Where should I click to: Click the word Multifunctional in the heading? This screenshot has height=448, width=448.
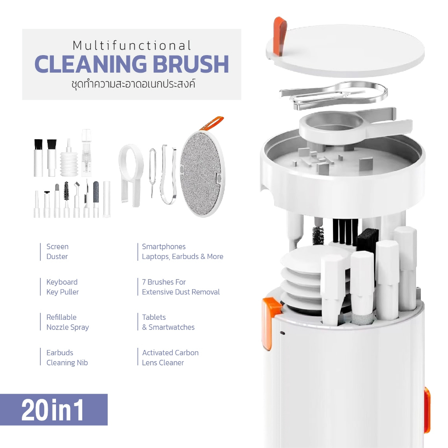pos(132,45)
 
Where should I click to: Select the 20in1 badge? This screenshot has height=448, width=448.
pos(54,409)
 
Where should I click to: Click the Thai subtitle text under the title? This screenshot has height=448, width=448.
pos(133,84)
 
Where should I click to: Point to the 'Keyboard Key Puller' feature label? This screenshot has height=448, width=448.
pos(62,287)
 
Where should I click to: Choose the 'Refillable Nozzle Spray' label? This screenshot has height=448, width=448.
pos(67,322)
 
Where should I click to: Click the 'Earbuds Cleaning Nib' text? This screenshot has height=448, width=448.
pos(67,357)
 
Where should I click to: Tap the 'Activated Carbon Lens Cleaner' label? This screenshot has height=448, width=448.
pos(170,357)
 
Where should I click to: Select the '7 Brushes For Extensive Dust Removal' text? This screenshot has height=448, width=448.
pos(181,287)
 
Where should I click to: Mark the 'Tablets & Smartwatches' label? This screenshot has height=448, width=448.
pos(168,322)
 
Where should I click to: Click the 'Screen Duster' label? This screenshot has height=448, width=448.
pos(57,252)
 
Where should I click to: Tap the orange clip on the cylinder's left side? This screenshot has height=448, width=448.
pos(270,323)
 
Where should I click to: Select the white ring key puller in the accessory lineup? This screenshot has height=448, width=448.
pos(131,174)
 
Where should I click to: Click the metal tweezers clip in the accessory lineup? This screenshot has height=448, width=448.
pos(168,174)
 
